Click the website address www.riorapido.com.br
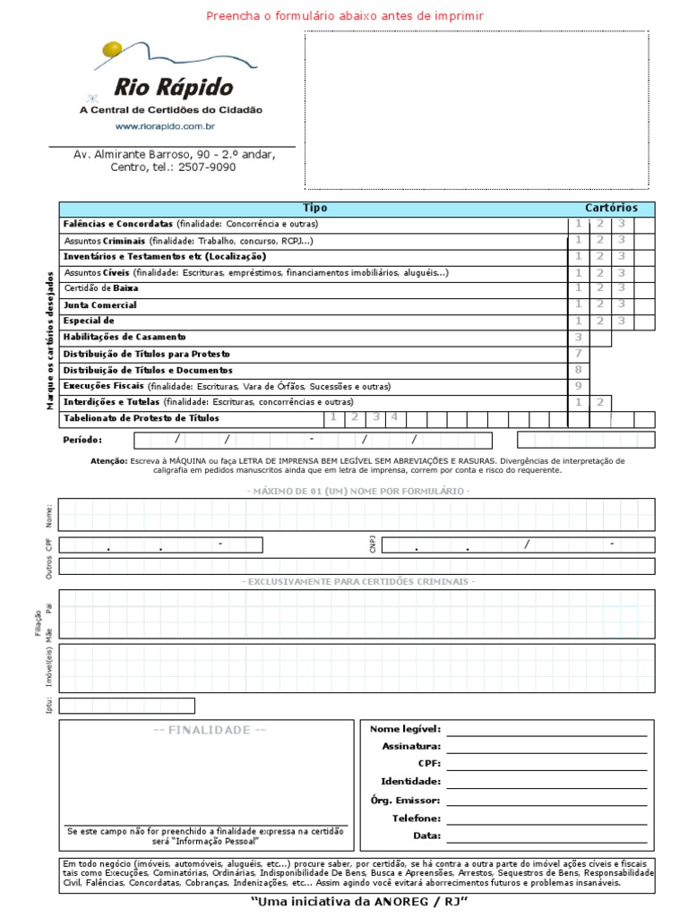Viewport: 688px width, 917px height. coord(170,126)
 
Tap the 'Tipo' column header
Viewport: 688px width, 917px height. coord(314,208)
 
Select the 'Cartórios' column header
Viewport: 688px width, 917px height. coord(612,208)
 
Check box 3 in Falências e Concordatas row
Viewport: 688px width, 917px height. coord(622,224)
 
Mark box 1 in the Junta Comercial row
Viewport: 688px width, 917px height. coord(579,305)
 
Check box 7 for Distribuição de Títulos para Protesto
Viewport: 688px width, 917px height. coord(579,354)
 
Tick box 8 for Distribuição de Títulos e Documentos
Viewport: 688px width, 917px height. coord(579,370)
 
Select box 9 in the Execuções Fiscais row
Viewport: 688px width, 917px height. coord(579,386)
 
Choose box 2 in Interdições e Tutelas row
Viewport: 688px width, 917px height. coord(600,403)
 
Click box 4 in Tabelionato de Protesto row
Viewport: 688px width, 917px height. coord(393,417)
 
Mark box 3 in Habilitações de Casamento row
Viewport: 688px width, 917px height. coord(579,338)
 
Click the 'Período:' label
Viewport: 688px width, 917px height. coord(82,440)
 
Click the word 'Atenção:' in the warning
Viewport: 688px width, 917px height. coord(109,460)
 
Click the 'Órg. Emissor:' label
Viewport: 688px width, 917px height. coord(405,801)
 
